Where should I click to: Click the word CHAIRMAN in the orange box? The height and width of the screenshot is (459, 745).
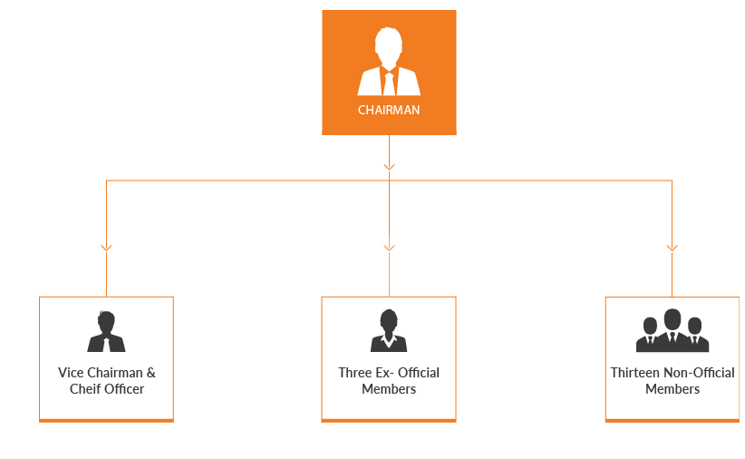[389, 111]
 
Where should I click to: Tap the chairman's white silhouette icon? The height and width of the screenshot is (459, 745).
[389, 63]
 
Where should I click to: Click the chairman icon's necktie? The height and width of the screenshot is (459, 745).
[389, 83]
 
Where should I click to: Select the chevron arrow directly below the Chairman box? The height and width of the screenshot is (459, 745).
[389, 167]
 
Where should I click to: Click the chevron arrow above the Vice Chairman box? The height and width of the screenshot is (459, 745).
[106, 247]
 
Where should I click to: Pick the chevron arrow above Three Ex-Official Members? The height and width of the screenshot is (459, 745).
[389, 247]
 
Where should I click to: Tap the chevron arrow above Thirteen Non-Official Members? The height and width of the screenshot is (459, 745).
[672, 247]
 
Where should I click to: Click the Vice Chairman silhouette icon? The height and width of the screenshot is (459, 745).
[106, 332]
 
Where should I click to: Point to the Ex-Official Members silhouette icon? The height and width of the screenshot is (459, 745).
[389, 331]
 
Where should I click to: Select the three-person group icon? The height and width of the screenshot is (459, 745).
[672, 331]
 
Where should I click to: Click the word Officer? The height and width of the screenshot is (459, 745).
[124, 389]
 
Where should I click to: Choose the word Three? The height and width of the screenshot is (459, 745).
[354, 373]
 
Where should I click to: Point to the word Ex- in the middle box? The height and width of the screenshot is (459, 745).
[384, 373]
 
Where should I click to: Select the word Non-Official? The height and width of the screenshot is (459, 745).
[701, 373]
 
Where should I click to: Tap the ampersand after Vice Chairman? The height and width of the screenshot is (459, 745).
[150, 373]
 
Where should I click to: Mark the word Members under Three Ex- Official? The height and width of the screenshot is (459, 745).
[389, 389]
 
